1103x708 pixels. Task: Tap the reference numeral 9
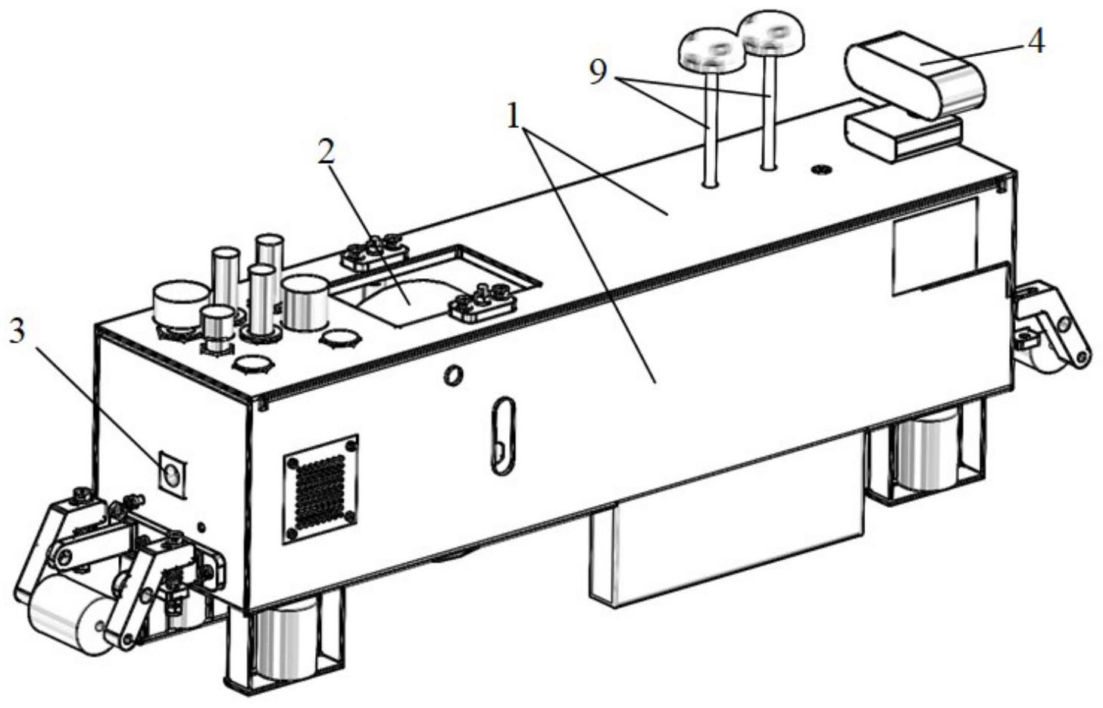tap(598, 73)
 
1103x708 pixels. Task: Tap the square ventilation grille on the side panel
tap(320, 488)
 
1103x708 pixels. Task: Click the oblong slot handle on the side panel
tap(501, 435)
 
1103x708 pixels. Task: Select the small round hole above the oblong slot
tap(454, 374)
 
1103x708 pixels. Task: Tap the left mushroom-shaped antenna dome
tap(711, 50)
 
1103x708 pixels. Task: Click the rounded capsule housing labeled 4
tap(915, 74)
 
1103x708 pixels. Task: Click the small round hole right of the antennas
tap(820, 168)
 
